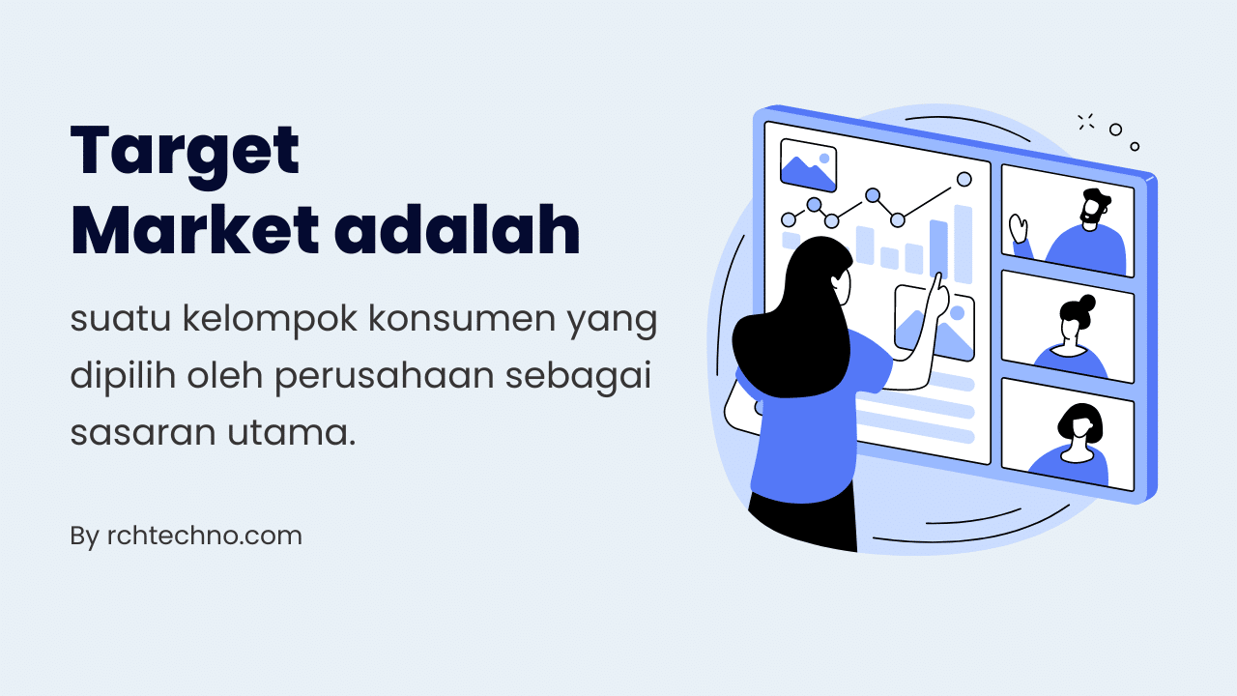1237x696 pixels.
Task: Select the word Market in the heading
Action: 194,231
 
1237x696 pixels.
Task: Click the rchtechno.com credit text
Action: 204,536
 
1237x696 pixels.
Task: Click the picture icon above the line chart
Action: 808,165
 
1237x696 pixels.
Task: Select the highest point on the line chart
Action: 964,179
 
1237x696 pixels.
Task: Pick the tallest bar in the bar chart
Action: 963,244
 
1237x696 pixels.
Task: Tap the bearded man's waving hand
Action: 1018,228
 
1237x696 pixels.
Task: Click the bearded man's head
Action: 1094,208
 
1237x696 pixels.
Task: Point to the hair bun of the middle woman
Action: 1087,302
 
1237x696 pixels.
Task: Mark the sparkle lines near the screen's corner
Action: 1085,122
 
